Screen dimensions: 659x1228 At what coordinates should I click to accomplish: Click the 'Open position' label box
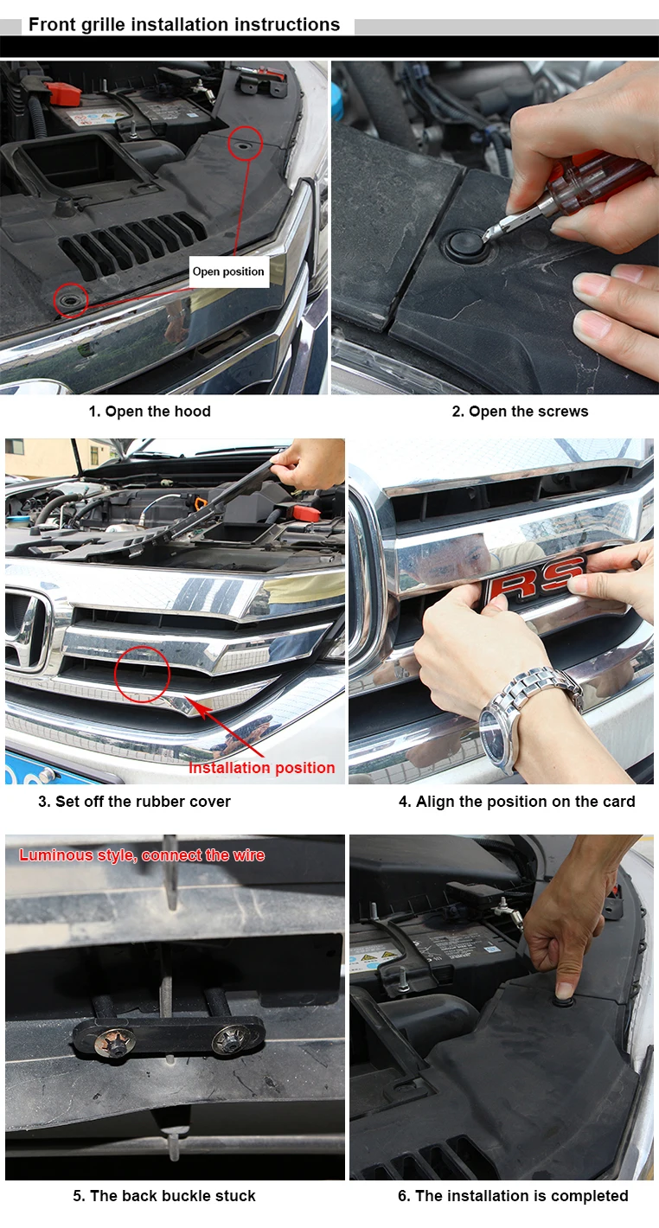click(x=229, y=272)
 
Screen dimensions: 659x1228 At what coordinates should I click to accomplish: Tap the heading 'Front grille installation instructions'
click(x=184, y=25)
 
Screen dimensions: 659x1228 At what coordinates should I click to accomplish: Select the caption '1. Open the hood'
click(x=150, y=411)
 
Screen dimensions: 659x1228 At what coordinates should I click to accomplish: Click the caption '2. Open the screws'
click(x=520, y=411)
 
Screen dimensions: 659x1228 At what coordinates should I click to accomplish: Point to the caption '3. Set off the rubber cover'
click(x=134, y=802)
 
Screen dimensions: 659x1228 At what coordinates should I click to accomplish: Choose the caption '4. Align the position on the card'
click(x=516, y=802)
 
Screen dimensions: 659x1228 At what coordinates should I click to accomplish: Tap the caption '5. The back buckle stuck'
click(x=164, y=1196)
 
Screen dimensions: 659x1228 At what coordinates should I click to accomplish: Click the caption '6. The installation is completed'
click(x=513, y=1196)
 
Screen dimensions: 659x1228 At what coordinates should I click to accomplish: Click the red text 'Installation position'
click(x=261, y=768)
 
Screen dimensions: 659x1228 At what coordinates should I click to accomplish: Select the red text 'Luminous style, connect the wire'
click(x=142, y=855)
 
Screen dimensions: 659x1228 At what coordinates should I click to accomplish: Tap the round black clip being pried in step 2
click(x=466, y=245)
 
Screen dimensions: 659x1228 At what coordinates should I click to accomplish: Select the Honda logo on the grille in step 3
click(x=25, y=633)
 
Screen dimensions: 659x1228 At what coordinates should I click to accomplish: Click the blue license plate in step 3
click(x=49, y=768)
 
